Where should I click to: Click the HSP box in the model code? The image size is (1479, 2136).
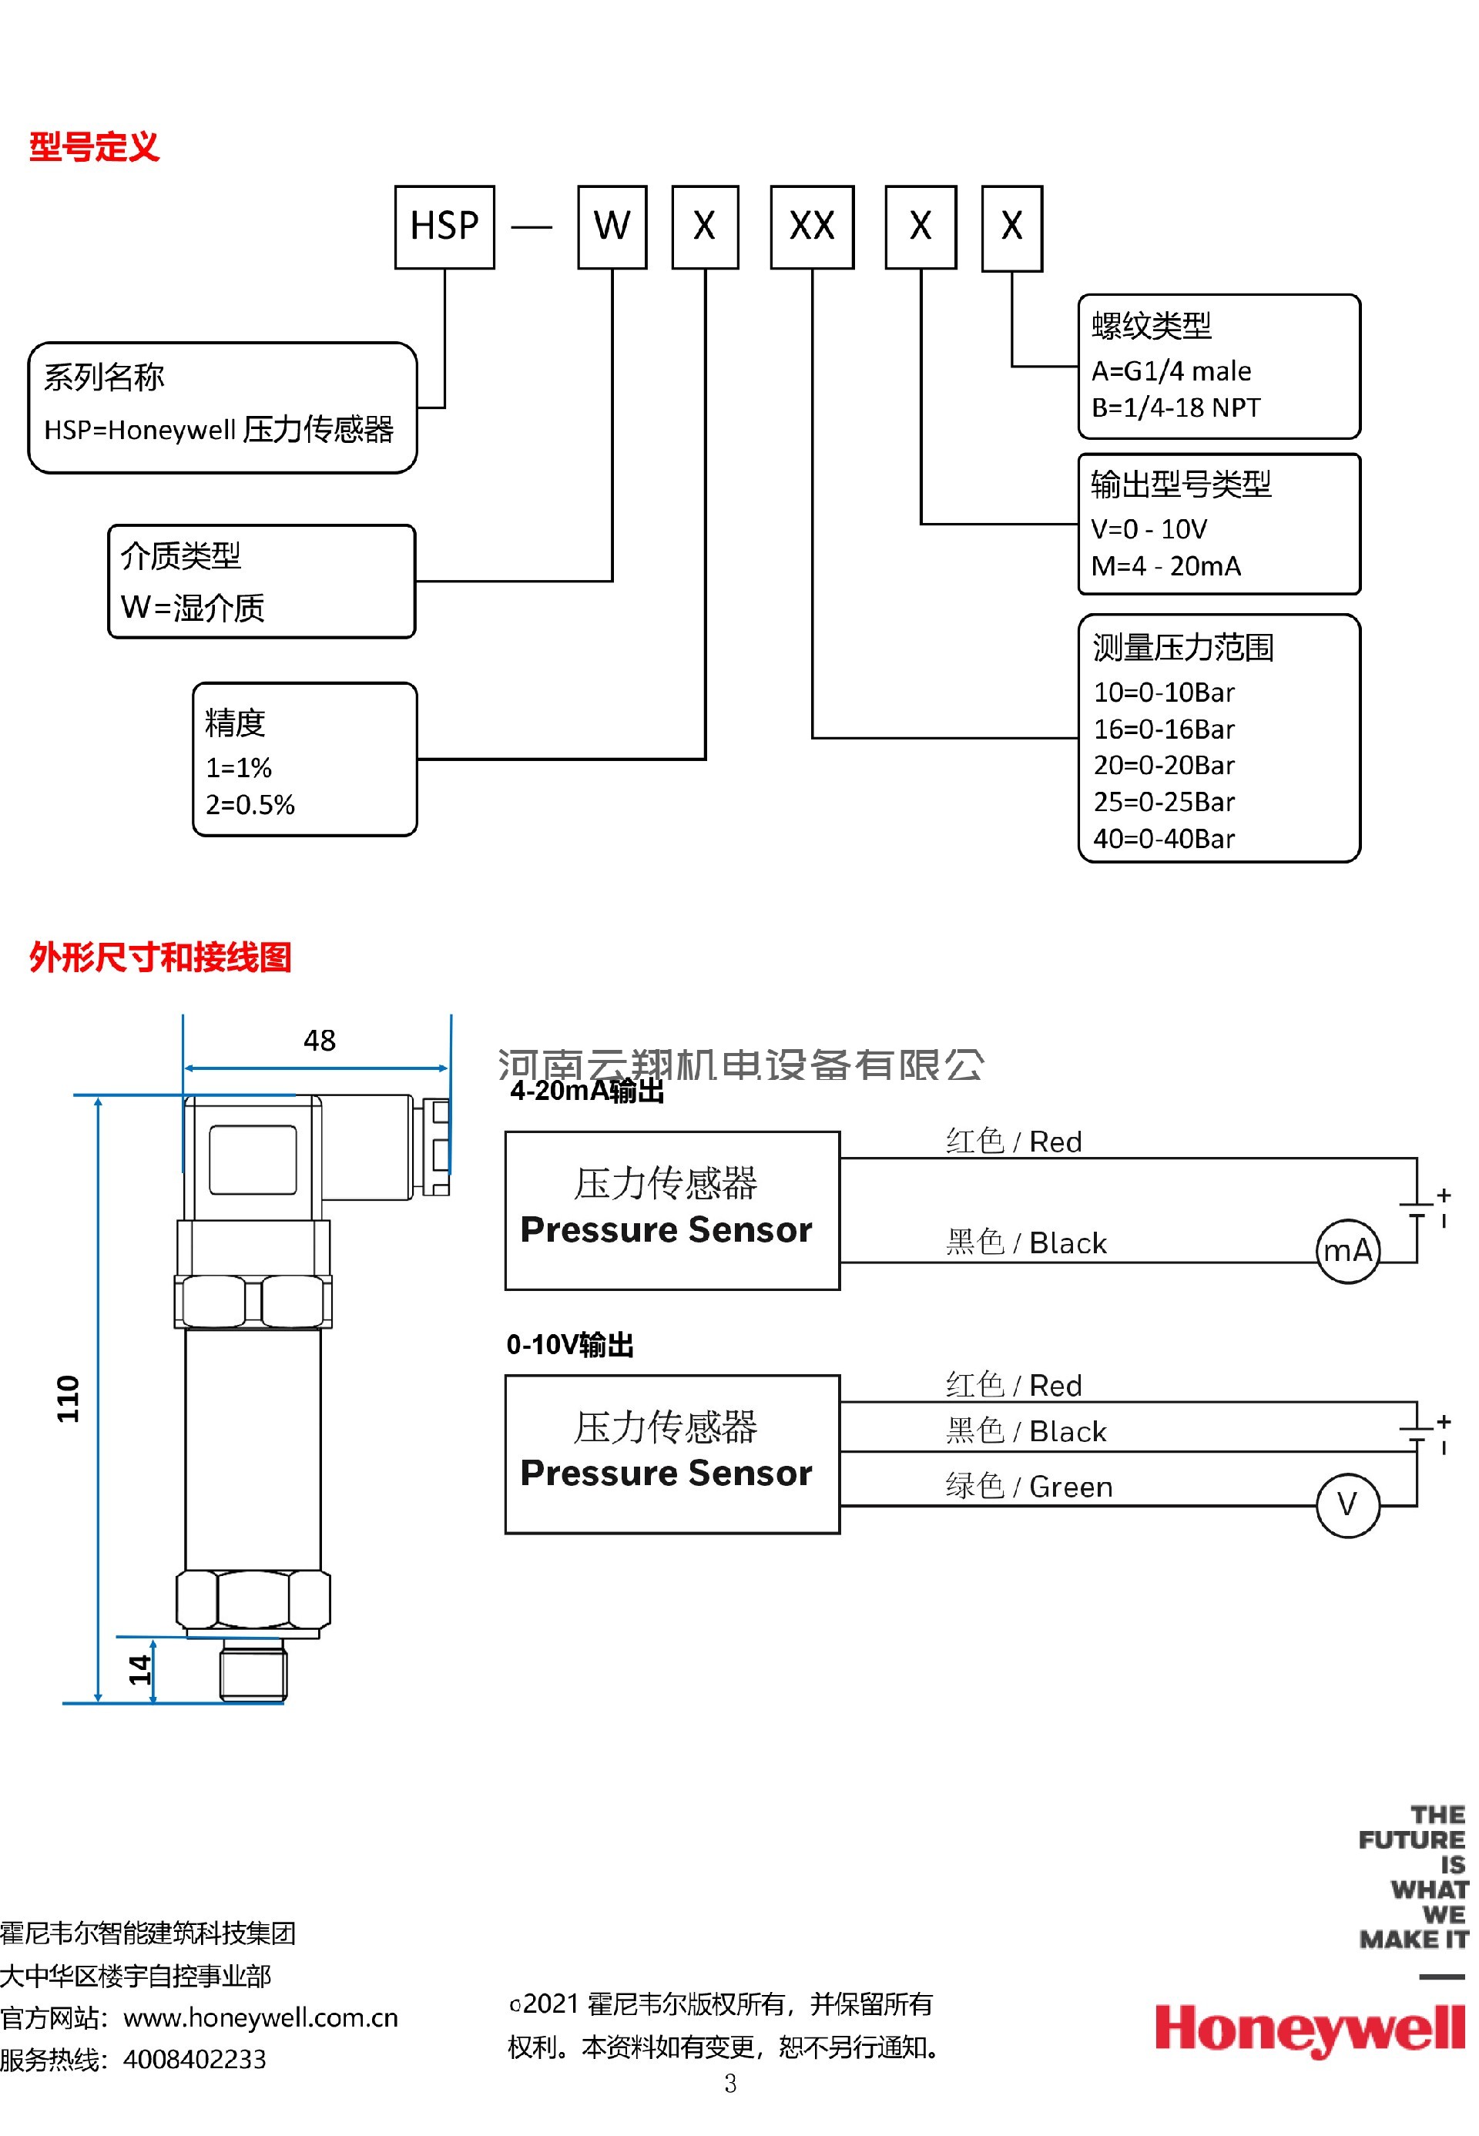pos(444,227)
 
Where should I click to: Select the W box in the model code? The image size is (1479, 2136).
pos(612,227)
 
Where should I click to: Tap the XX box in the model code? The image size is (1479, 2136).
pos(812,227)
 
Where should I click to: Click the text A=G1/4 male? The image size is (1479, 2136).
pos(1172,371)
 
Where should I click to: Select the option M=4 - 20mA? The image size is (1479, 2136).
pos(1165,566)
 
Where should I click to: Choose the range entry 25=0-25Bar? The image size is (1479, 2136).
pos(1164,803)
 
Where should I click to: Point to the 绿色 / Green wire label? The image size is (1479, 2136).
pos(1028,1487)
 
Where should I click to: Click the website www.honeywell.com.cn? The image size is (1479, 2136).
pos(260,2018)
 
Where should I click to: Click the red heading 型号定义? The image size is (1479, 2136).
pos(95,147)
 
